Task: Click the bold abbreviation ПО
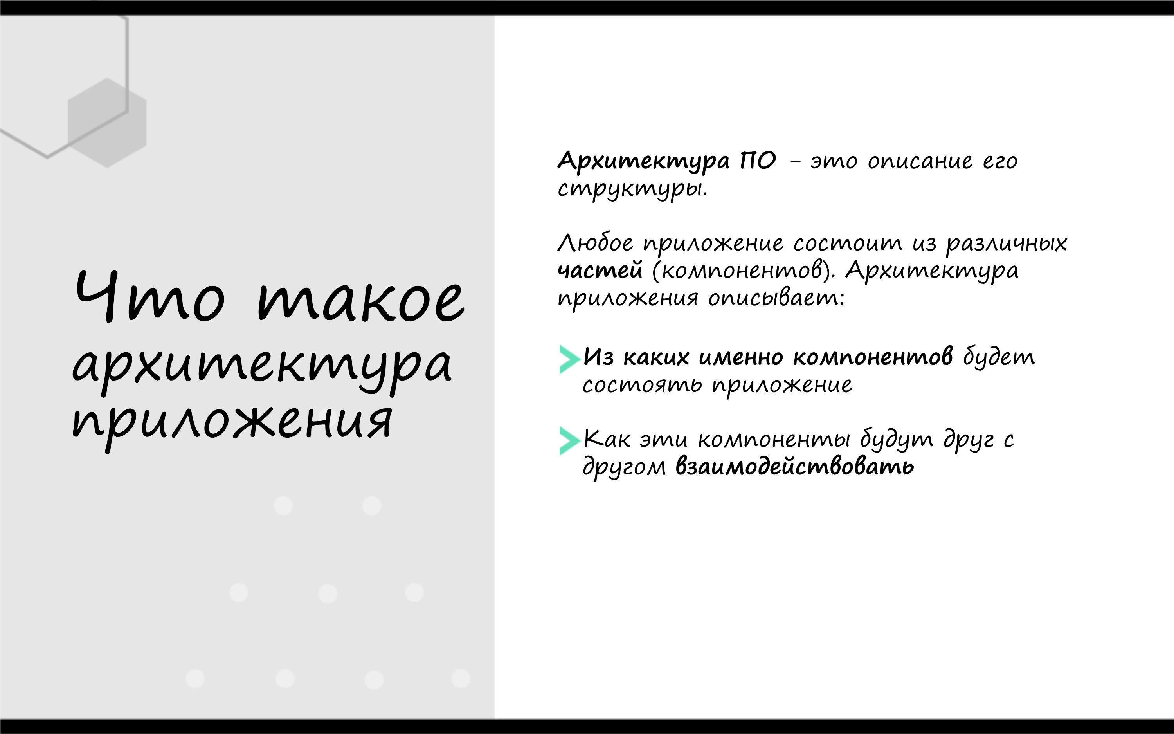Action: tap(758, 161)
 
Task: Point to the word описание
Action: tap(920, 162)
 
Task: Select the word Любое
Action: tap(595, 242)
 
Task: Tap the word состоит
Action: tap(848, 243)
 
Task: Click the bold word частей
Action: tap(600, 270)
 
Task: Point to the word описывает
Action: tap(776, 298)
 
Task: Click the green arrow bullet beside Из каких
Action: tap(569, 360)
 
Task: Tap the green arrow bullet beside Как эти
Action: tap(569, 441)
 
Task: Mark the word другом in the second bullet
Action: tap(624, 467)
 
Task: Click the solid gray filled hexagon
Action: tap(107, 123)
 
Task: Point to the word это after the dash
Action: tap(834, 162)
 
